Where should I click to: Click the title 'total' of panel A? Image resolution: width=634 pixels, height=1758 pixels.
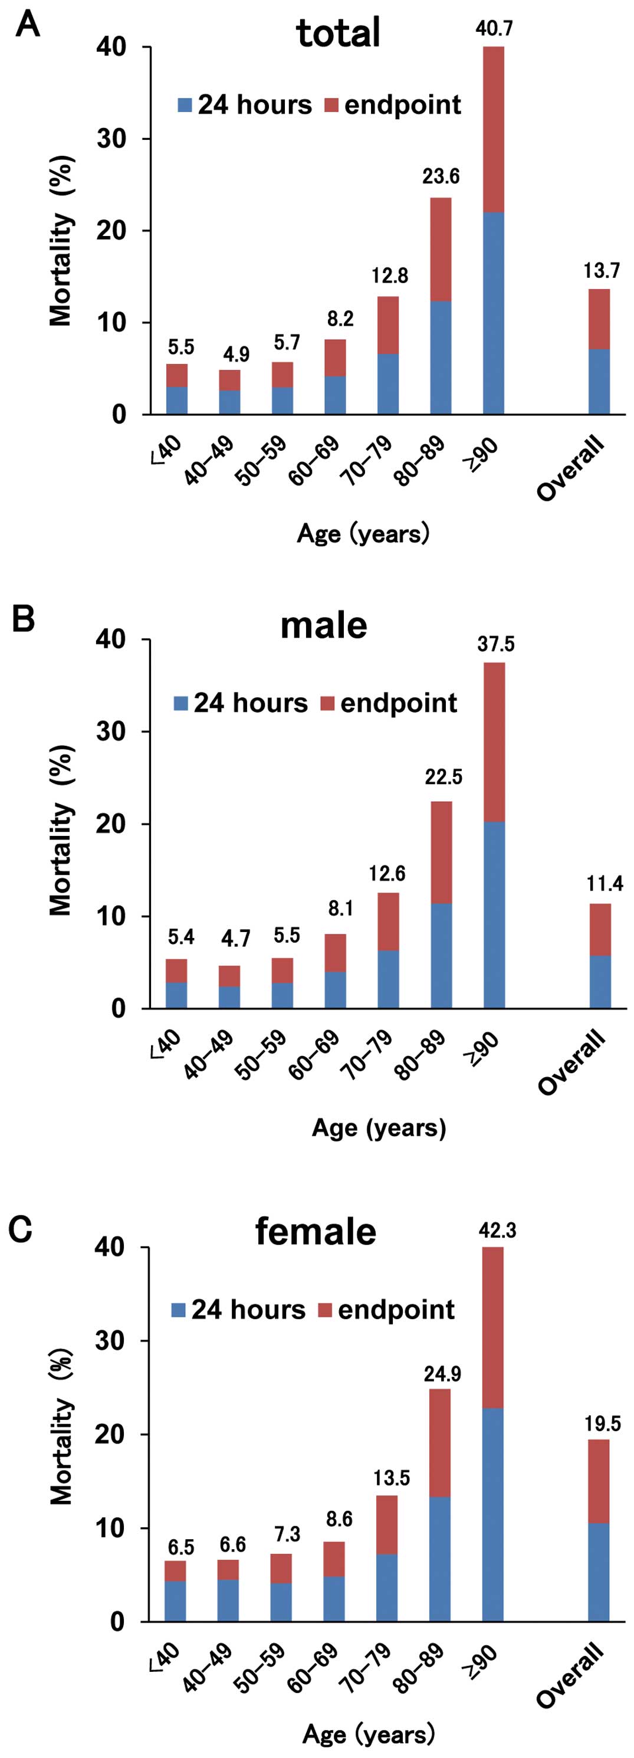coord(338,33)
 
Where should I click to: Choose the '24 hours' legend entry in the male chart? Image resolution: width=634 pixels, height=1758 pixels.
coord(241,703)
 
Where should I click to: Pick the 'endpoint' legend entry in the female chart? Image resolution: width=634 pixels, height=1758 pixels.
coord(387,1310)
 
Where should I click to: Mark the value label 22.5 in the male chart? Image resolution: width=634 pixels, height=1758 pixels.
coord(444,776)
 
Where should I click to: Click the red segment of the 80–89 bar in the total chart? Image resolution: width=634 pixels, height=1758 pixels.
coord(441,249)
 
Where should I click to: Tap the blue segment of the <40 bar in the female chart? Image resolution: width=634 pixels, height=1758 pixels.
coord(175,1601)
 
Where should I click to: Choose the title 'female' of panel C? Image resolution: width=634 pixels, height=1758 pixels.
coord(316,1231)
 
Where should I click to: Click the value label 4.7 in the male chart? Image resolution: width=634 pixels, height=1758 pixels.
coord(235,939)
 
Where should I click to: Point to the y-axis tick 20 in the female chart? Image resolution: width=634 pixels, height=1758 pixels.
coord(110,1434)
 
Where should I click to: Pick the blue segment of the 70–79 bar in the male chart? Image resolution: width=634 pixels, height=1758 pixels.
coord(388,979)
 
